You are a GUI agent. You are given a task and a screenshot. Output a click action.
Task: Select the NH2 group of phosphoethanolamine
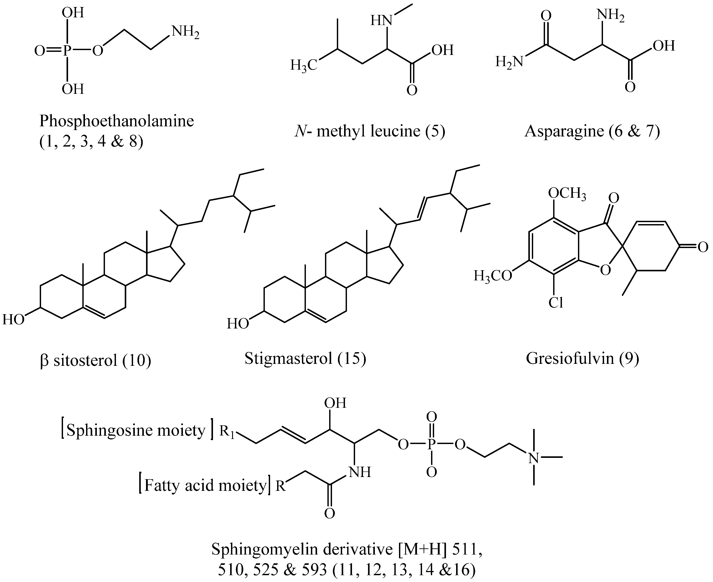[185, 32]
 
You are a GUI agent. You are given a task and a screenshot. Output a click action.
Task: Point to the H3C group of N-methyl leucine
[303, 65]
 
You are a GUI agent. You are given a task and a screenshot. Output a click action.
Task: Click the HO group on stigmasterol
[238, 324]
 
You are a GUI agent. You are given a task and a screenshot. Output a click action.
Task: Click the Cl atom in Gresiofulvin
[556, 303]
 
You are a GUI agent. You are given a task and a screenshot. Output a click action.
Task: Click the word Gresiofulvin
[570, 358]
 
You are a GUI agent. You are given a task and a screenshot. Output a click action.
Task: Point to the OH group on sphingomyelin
[335, 403]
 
